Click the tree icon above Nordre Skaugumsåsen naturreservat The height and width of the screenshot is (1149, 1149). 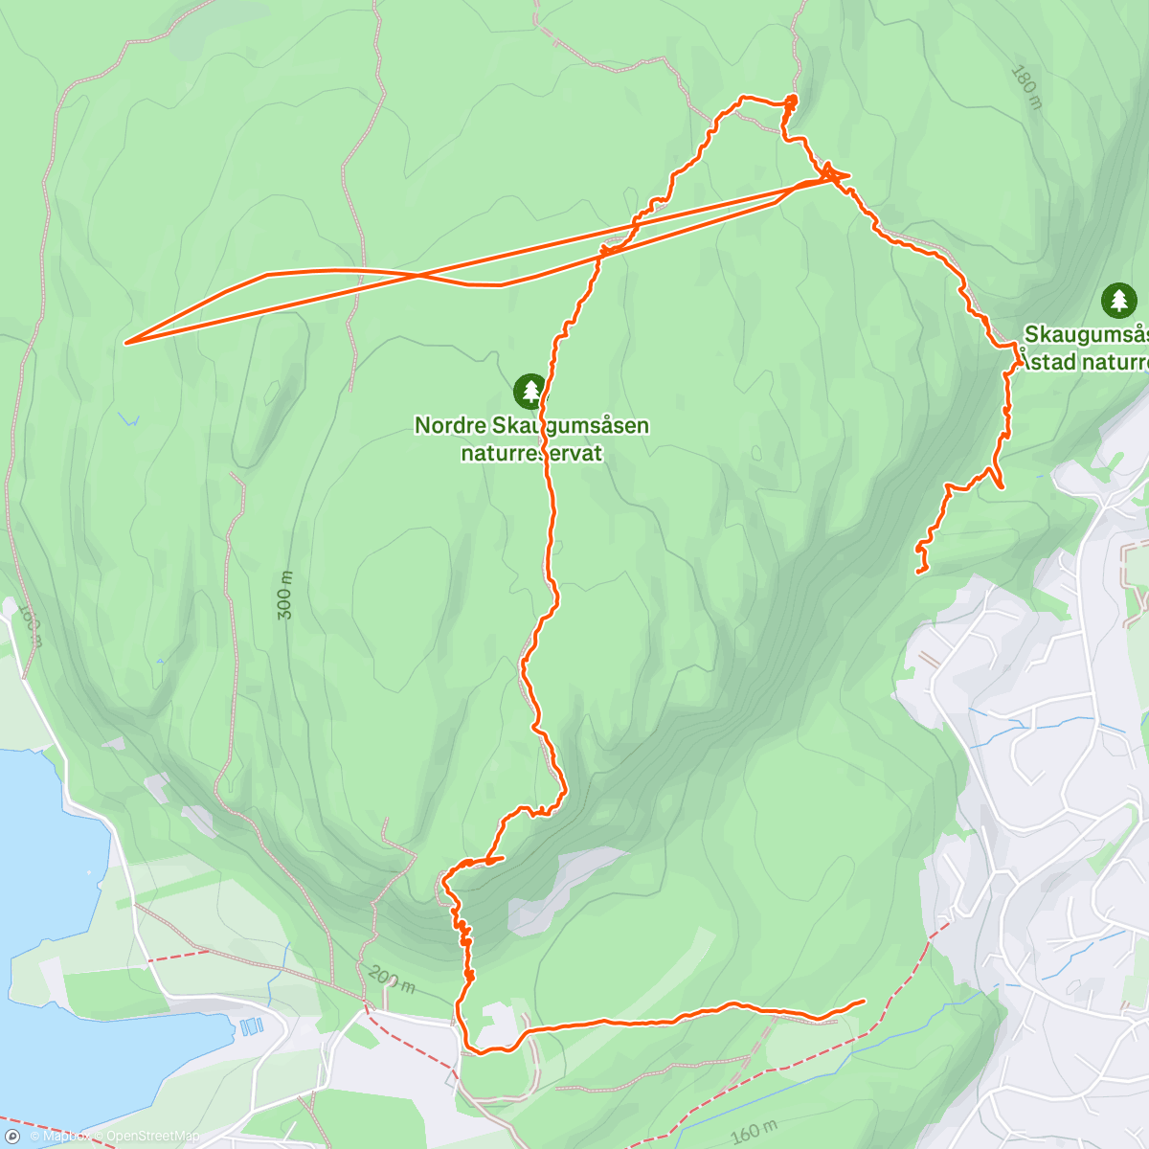point(529,391)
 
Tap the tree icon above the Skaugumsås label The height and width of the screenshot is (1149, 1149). point(1118,301)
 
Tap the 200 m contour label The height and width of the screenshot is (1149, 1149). point(391,980)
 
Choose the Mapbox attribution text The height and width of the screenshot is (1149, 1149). point(64,1137)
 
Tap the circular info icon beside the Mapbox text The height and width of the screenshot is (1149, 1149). point(12,1137)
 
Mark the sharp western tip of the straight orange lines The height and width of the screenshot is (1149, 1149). point(126,342)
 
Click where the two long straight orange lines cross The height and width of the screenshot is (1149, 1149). point(419,277)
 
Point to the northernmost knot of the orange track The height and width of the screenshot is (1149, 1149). point(791,101)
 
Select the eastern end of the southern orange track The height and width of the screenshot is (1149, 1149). point(864,1001)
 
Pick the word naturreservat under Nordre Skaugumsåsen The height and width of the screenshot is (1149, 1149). point(531,453)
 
